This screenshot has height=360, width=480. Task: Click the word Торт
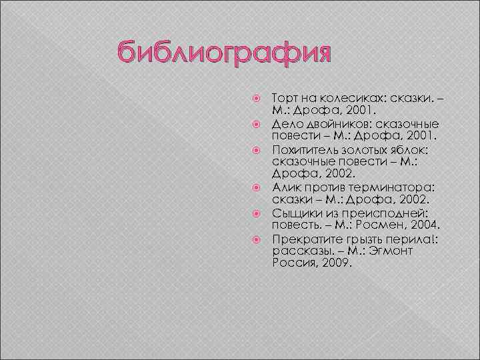(286, 99)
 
